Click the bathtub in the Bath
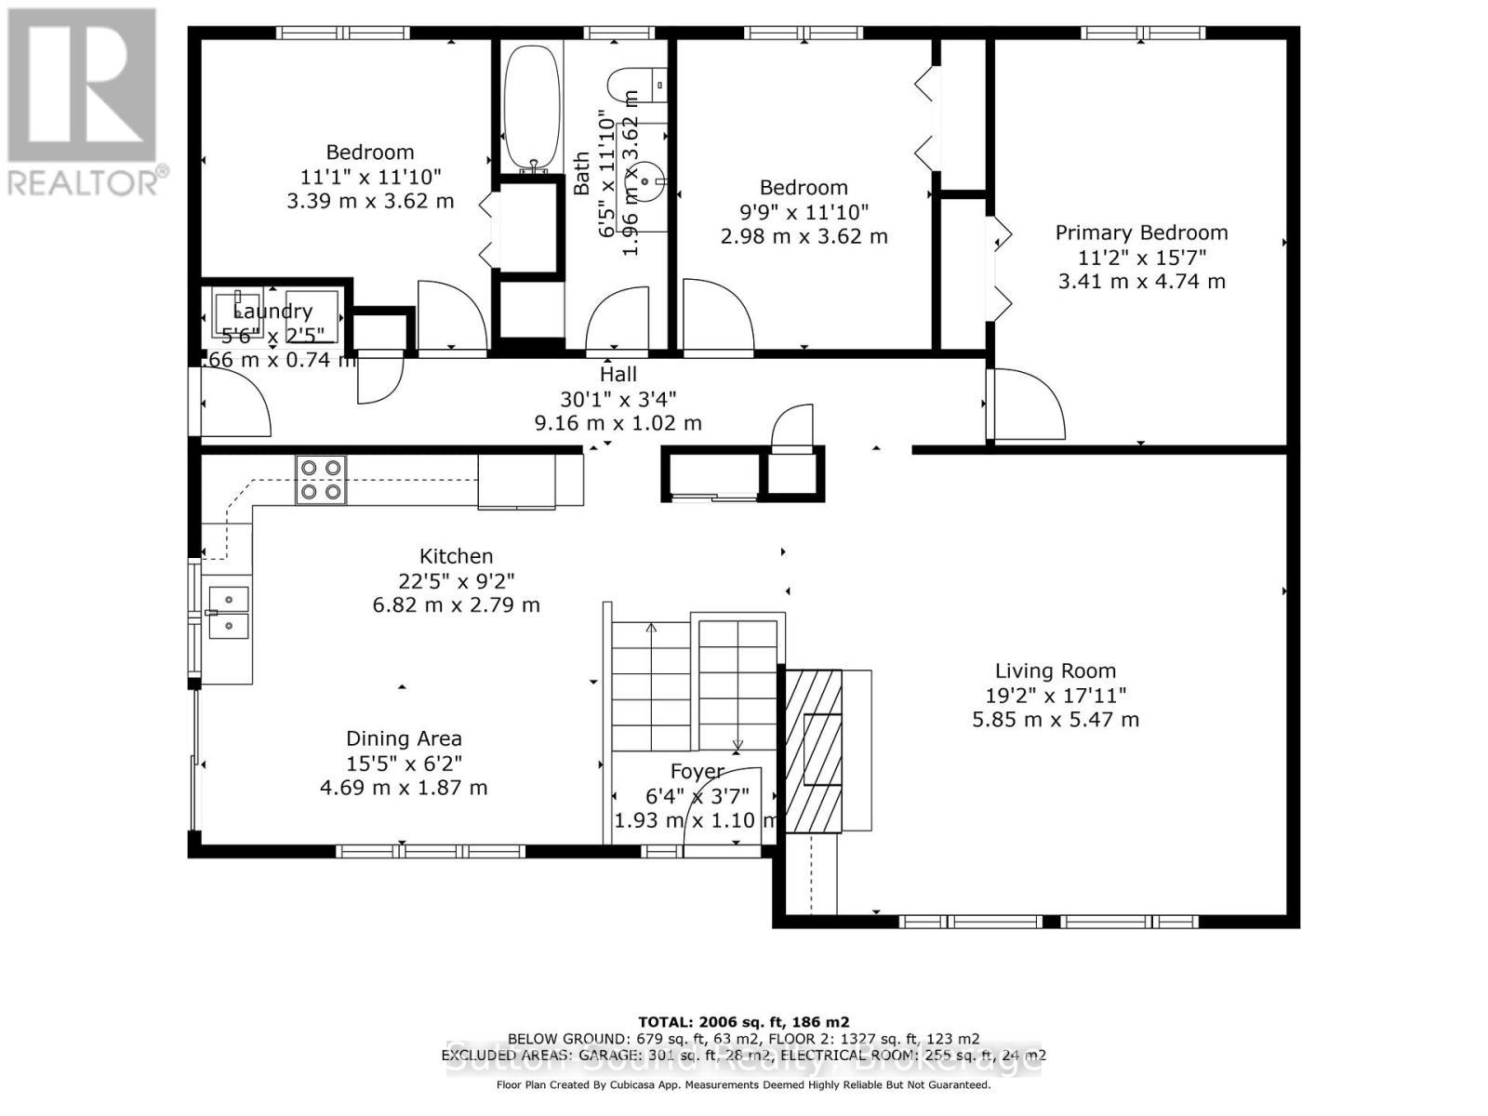point(531,107)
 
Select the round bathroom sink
point(656,175)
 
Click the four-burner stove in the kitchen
point(321,480)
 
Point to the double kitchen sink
point(228,612)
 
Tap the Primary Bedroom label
point(1141,232)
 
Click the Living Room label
point(1056,671)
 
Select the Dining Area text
point(404,738)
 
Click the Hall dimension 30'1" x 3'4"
point(618,399)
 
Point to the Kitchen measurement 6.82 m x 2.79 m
point(456,604)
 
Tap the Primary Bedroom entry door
point(1025,405)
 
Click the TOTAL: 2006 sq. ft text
point(743,1021)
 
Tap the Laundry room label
point(272,312)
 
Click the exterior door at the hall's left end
point(233,405)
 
